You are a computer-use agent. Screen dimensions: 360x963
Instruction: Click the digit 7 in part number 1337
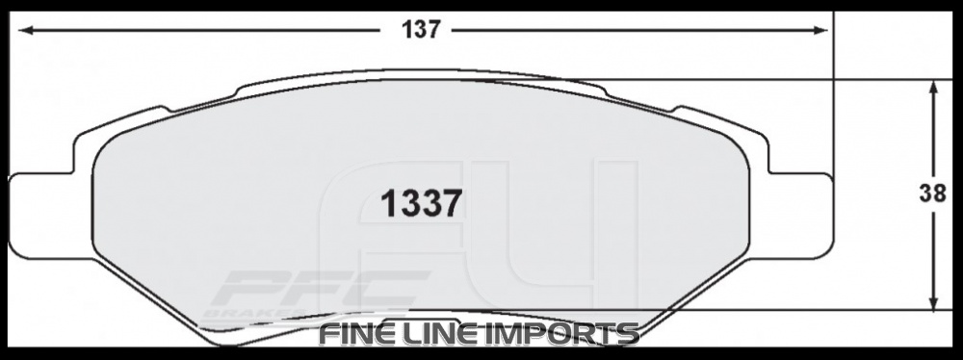click(x=453, y=204)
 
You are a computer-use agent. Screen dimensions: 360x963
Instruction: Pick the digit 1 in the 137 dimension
click(x=408, y=30)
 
